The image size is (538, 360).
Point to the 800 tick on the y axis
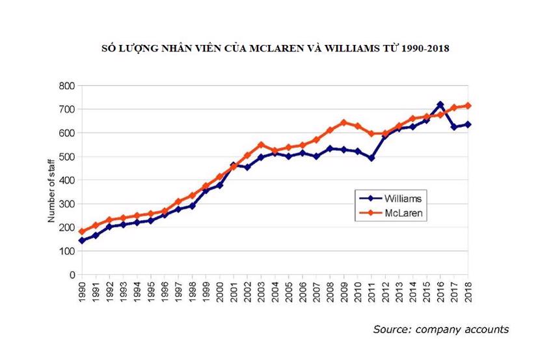68,86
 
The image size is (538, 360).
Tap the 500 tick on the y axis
68,157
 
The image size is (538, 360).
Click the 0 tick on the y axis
72,275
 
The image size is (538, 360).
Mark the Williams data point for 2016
440,105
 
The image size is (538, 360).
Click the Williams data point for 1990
82,240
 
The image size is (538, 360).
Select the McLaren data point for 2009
344,122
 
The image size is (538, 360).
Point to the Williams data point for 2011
371,158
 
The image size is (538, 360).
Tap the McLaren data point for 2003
262,145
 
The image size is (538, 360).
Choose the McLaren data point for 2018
468,105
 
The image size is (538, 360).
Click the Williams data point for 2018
468,124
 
